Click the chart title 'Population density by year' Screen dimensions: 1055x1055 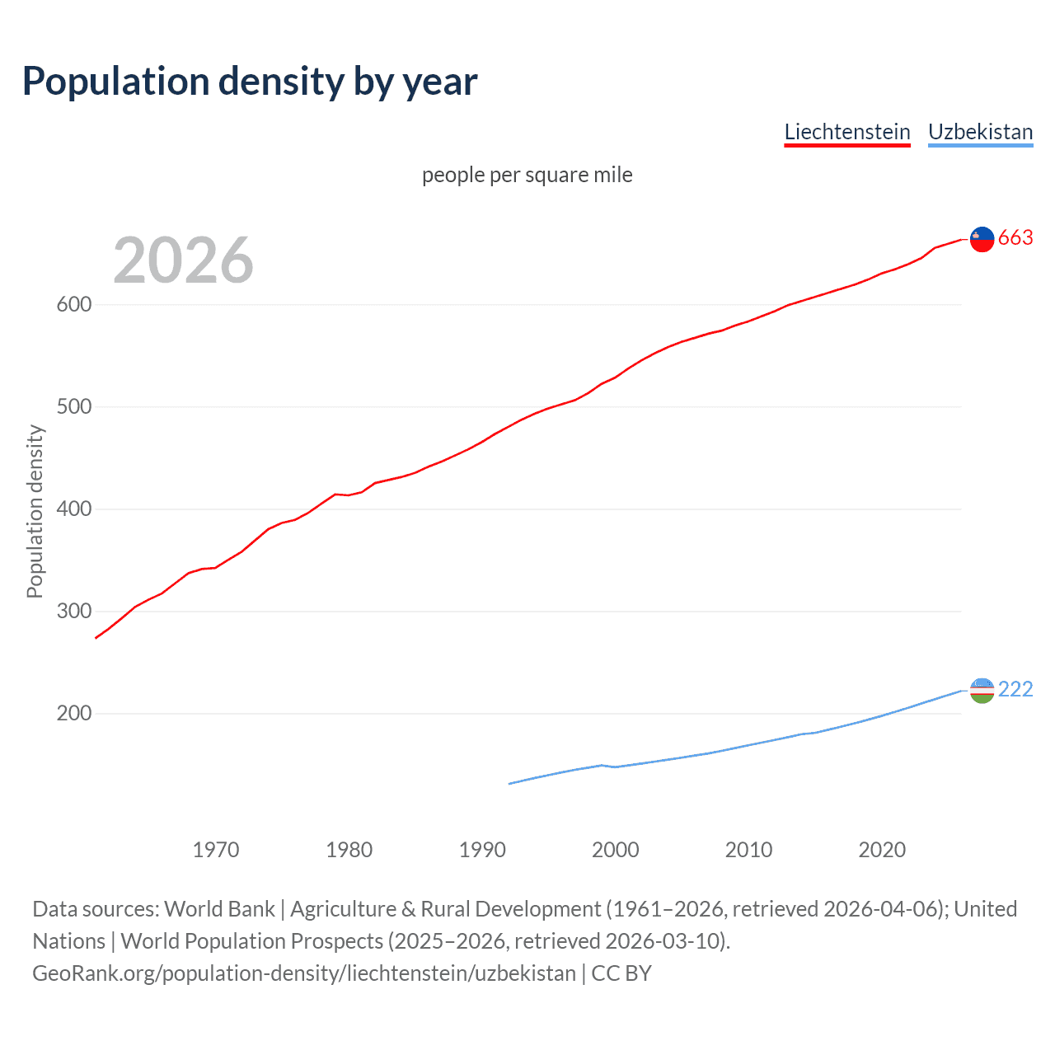click(250, 82)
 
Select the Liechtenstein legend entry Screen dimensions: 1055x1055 click(846, 132)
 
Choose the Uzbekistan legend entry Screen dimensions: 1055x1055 click(980, 132)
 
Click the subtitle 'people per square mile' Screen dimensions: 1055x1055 click(527, 175)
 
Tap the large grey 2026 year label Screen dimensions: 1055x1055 click(183, 260)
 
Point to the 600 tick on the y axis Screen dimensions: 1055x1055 click(73, 305)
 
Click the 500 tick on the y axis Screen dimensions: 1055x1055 click(73, 407)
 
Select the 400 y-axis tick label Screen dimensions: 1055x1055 click(73, 509)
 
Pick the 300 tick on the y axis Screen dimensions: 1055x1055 click(73, 612)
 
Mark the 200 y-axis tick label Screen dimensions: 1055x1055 click(73, 714)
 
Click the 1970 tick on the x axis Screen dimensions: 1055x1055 click(216, 850)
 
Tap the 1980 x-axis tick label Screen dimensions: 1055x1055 click(349, 850)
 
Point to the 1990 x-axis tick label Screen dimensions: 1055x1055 click(482, 850)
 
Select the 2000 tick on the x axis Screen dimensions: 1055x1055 click(616, 850)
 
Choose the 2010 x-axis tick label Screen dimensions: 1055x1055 click(748, 850)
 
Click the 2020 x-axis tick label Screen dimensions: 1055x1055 click(882, 850)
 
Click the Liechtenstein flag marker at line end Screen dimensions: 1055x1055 click(982, 239)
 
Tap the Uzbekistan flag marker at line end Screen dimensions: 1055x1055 click(982, 691)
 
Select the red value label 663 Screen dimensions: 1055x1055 click(1015, 238)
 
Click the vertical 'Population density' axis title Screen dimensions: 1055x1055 click(35, 511)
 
